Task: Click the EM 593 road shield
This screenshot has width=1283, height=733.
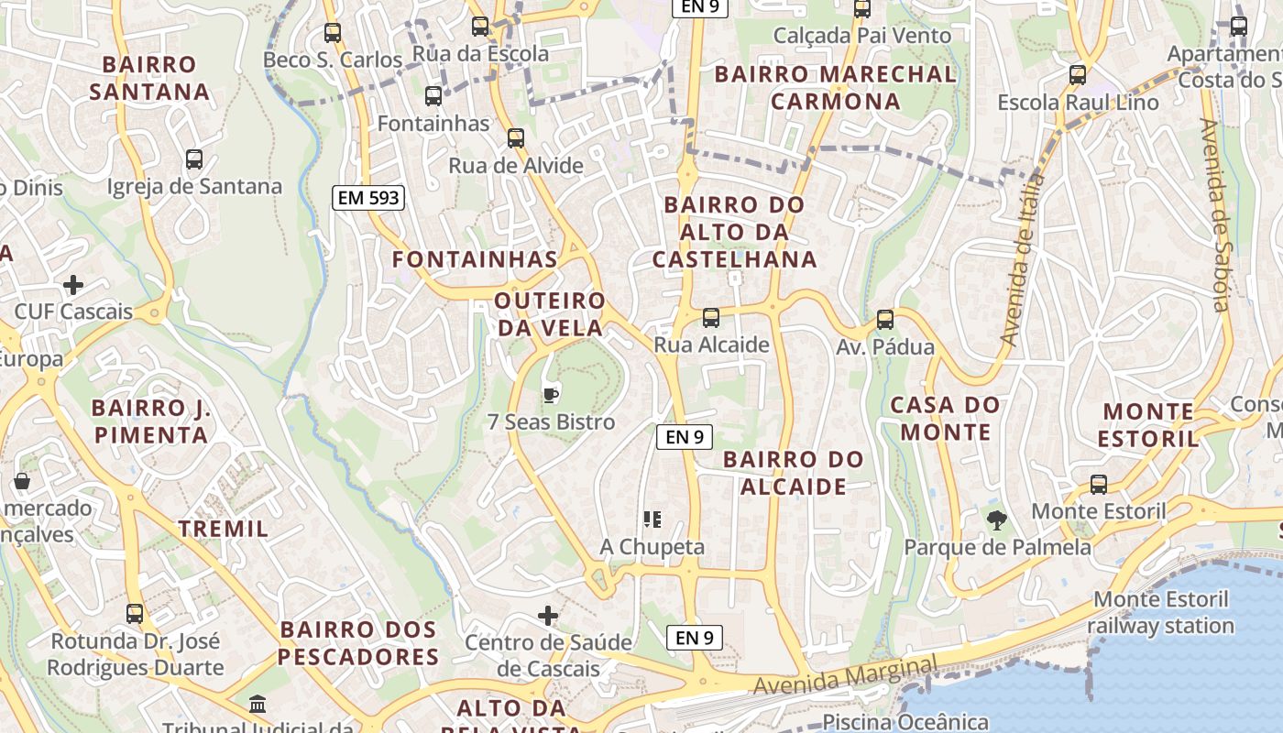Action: click(x=367, y=197)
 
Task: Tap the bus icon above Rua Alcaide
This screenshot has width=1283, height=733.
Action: click(x=710, y=318)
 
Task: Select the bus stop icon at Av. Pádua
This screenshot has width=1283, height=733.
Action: click(x=884, y=320)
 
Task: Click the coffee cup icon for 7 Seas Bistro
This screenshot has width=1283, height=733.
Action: click(x=550, y=395)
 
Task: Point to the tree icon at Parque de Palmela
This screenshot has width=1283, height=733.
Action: click(x=996, y=520)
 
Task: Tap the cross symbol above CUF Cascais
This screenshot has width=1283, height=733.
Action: click(x=73, y=285)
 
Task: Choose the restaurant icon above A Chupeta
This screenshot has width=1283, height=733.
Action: click(x=652, y=520)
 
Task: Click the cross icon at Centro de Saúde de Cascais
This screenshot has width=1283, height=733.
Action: click(x=548, y=615)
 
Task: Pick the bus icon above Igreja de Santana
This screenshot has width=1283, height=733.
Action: click(x=194, y=159)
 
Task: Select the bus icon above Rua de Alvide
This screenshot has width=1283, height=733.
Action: click(x=516, y=138)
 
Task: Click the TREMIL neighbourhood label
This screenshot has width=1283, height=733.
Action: click(x=224, y=529)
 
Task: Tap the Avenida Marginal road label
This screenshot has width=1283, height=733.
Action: click(x=846, y=675)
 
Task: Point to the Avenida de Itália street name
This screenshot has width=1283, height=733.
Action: click(x=1023, y=261)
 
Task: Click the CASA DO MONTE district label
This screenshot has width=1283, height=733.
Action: click(x=945, y=418)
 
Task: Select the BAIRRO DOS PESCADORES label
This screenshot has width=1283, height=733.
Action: click(x=358, y=643)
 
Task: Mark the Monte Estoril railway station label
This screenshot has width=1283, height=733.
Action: click(x=1161, y=613)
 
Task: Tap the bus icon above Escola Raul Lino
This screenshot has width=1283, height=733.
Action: click(x=1078, y=74)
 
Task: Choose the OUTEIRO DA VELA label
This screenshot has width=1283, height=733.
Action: click(x=550, y=314)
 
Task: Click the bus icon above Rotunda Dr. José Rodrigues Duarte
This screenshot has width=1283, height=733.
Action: click(x=135, y=613)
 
